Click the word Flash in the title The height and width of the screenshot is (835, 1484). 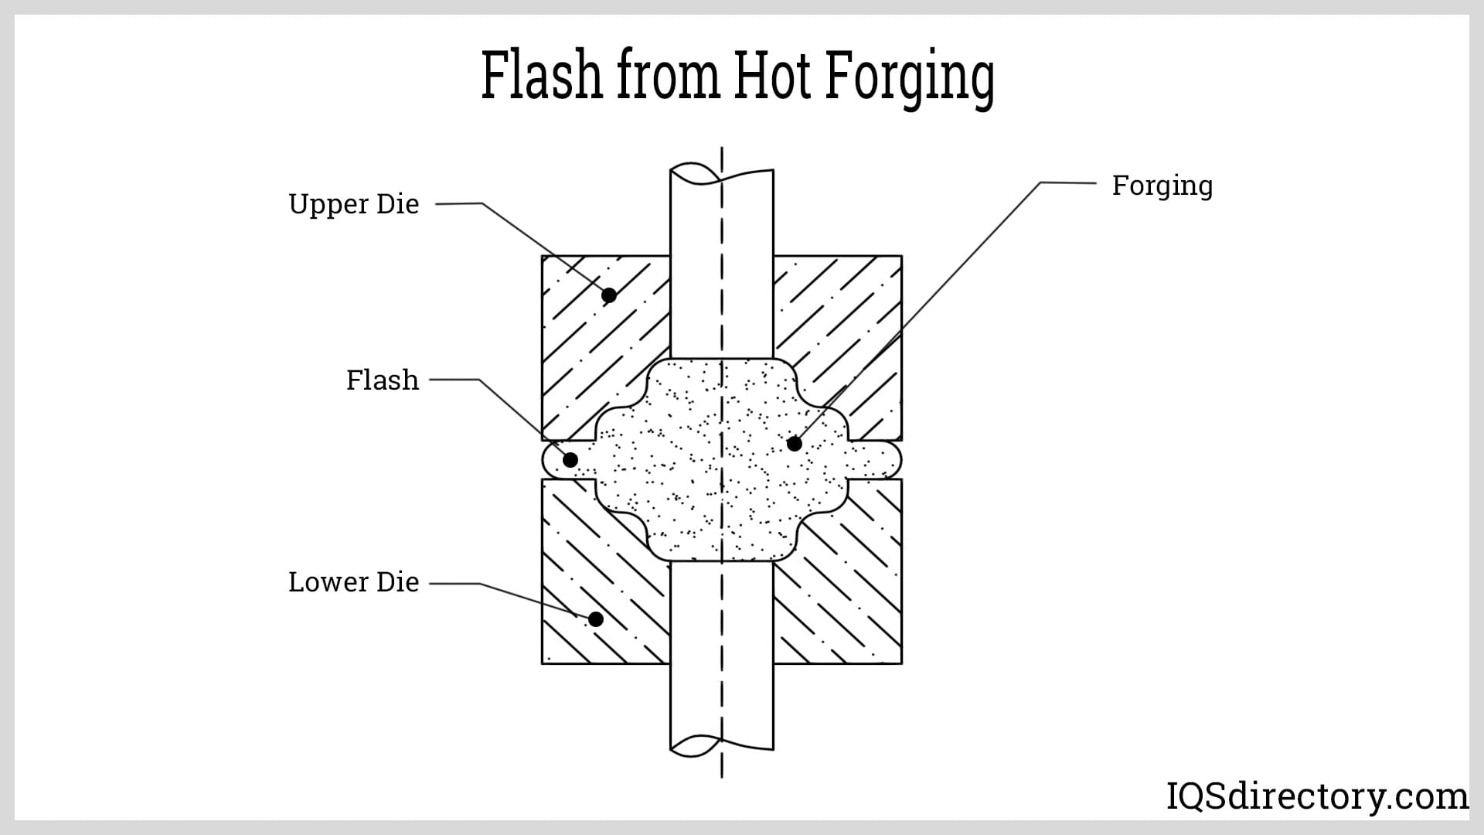541,76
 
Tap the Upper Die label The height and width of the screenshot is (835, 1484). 353,204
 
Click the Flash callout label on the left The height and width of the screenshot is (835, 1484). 382,380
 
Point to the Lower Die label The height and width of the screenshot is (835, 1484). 353,582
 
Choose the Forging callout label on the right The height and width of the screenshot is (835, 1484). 1162,186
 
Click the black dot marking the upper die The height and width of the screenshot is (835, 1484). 609,295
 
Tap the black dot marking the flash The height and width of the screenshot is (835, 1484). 570,460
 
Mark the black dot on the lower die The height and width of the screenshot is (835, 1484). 595,619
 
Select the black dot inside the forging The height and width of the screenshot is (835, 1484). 794,444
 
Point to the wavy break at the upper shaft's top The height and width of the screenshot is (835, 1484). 721,175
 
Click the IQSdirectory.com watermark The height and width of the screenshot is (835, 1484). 1316,796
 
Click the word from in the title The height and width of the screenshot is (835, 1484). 668,76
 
